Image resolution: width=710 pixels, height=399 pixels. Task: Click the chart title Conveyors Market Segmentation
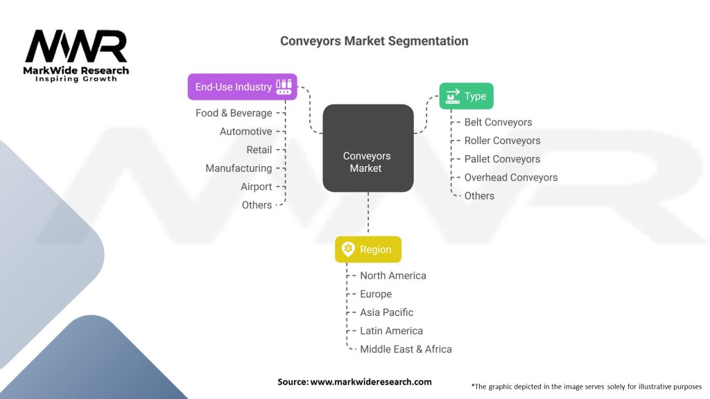tap(374, 41)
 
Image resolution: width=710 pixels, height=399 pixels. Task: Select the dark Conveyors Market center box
tap(367, 148)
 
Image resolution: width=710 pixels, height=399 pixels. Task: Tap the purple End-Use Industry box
tap(242, 87)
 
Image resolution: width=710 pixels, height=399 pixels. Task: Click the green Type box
tap(466, 96)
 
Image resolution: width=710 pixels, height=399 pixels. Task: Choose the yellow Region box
tap(367, 249)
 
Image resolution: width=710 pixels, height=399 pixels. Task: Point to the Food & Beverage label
tap(234, 113)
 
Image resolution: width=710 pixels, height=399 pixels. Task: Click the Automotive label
tap(245, 132)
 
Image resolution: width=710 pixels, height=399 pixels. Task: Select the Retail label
tap(259, 150)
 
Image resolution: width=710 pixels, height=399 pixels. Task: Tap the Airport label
tap(256, 187)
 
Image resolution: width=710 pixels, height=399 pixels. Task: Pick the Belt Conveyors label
tap(498, 123)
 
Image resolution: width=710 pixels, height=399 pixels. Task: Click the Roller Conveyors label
tap(502, 141)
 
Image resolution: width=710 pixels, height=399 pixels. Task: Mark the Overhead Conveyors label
tap(510, 177)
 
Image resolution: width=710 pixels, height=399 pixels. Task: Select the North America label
tap(392, 276)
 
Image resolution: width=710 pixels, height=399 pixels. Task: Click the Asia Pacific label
tap(386, 312)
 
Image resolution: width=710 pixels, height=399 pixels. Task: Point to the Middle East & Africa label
tap(406, 349)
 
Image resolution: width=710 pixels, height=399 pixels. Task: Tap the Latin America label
tap(391, 331)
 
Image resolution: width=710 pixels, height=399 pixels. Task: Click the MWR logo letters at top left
tap(76, 47)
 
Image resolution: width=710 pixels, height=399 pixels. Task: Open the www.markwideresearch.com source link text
tap(370, 382)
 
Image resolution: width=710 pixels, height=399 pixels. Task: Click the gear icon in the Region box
tap(348, 249)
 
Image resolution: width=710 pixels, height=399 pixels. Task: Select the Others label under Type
tap(479, 196)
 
